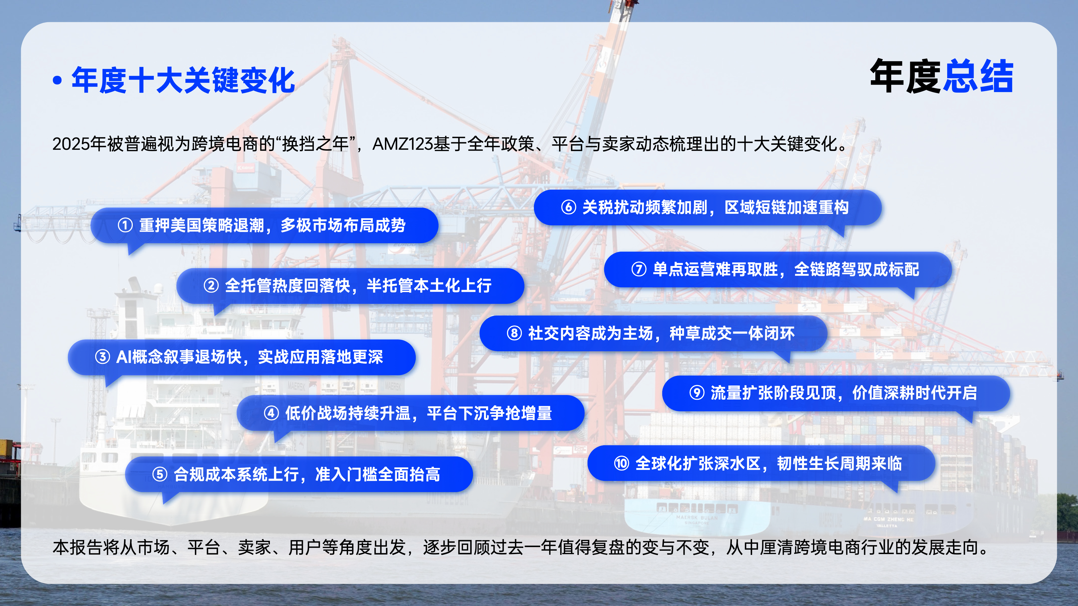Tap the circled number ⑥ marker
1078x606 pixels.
tap(568, 207)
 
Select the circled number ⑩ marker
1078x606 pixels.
tap(622, 463)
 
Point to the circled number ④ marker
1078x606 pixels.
tap(271, 413)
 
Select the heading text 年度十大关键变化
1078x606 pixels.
tap(183, 80)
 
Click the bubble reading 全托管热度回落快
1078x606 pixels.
tap(350, 286)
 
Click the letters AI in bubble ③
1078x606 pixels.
tap(124, 357)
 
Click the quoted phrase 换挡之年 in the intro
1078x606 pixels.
tap(316, 144)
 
